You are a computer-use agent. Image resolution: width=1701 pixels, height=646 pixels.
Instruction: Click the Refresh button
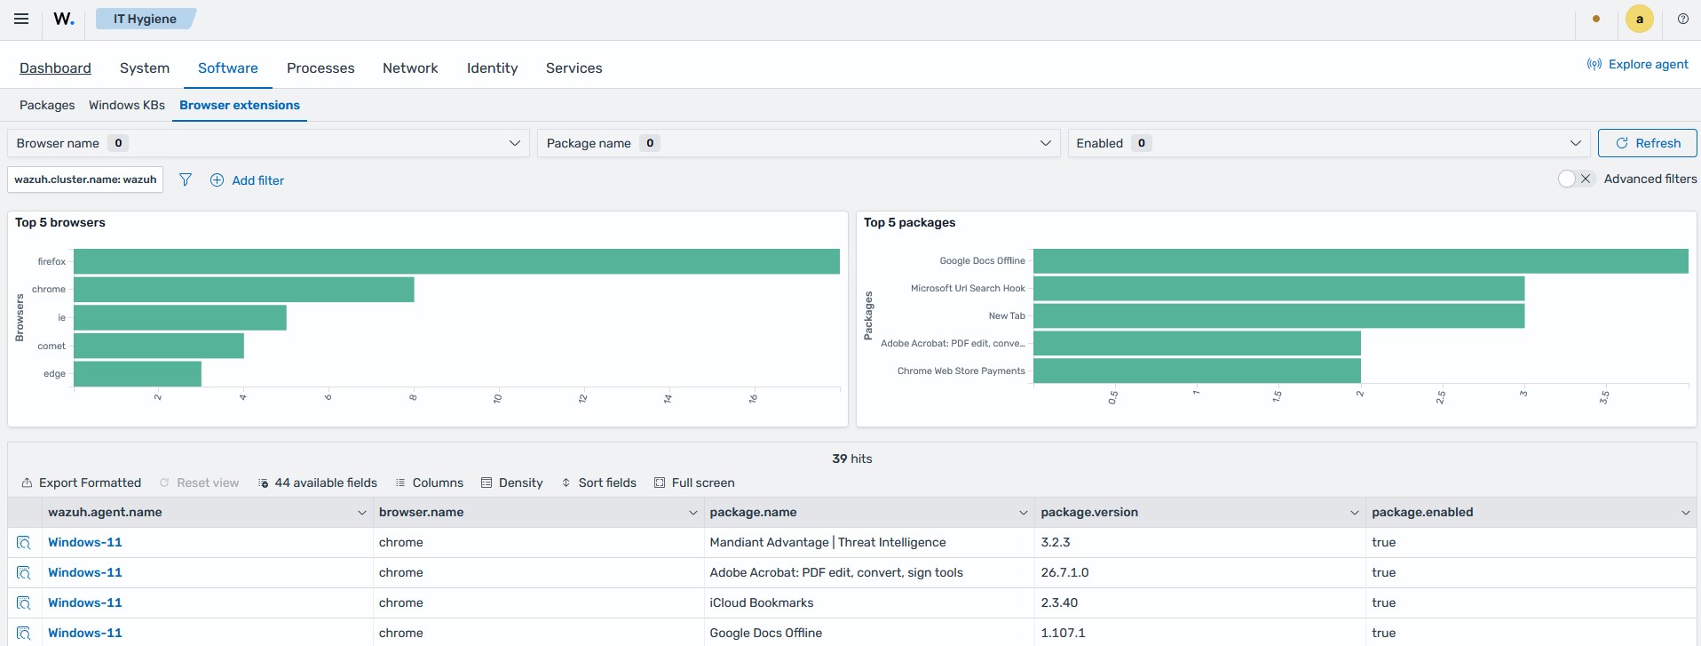pyautogui.click(x=1647, y=143)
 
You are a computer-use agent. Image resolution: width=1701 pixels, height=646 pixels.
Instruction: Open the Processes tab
pyautogui.click(x=320, y=68)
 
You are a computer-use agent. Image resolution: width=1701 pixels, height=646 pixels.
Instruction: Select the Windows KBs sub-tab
pyautogui.click(x=127, y=105)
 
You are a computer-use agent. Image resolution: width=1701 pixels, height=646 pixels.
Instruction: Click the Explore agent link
pyautogui.click(x=1638, y=64)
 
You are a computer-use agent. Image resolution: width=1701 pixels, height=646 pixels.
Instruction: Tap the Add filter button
pyautogui.click(x=247, y=180)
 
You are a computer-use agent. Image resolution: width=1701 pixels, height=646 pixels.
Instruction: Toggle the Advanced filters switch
pyautogui.click(x=1577, y=179)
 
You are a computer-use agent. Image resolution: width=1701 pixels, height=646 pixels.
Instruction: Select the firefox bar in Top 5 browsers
pyautogui.click(x=456, y=261)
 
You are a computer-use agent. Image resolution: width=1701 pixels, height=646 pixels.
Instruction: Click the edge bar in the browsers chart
pyautogui.click(x=138, y=373)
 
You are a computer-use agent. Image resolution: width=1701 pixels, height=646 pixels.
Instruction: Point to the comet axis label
pyautogui.click(x=51, y=346)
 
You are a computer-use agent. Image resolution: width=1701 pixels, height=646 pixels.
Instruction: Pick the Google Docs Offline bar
pyautogui.click(x=1361, y=261)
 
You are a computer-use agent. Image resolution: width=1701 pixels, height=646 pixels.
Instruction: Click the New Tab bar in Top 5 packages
pyautogui.click(x=1278, y=315)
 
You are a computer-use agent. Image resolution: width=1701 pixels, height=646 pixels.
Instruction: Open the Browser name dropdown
pyautogui.click(x=268, y=143)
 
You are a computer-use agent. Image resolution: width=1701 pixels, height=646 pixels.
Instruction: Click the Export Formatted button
pyautogui.click(x=81, y=483)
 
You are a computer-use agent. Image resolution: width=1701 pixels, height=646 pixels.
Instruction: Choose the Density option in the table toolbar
pyautogui.click(x=511, y=483)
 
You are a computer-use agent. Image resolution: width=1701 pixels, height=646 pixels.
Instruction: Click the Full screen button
pyautogui.click(x=694, y=483)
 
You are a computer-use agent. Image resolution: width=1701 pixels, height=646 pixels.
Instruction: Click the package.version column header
pyautogui.click(x=1089, y=512)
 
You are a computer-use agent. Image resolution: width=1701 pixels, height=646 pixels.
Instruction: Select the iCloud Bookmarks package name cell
pyautogui.click(x=762, y=602)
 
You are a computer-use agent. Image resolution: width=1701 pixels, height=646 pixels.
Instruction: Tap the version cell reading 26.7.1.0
pyautogui.click(x=1064, y=572)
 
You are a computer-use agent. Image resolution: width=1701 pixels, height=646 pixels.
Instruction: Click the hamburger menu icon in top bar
pyautogui.click(x=21, y=19)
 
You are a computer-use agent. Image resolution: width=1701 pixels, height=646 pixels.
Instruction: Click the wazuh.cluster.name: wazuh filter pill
pyautogui.click(x=85, y=179)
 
